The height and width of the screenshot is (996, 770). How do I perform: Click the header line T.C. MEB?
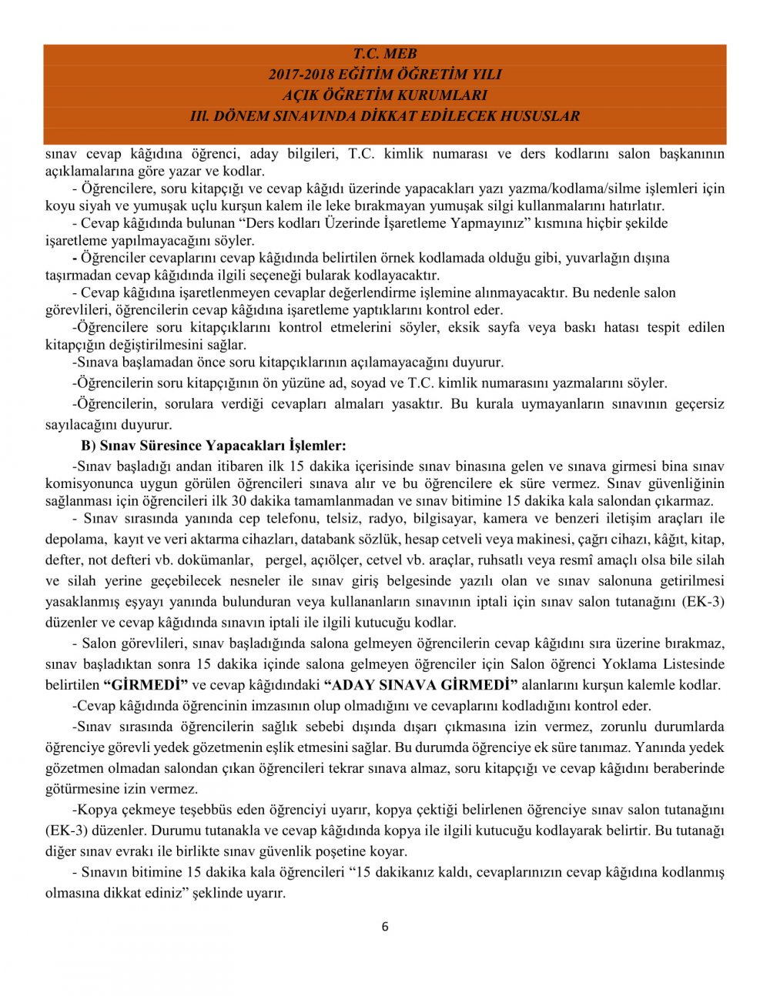[384, 54]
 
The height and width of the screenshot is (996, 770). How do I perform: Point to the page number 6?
[385, 926]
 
